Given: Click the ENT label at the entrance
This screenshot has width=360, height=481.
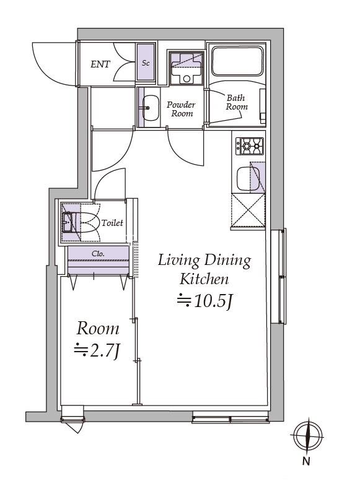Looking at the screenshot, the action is [x=100, y=64].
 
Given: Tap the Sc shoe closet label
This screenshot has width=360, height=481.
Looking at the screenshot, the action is [x=146, y=63].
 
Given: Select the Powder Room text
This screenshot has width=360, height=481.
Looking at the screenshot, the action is [x=182, y=109].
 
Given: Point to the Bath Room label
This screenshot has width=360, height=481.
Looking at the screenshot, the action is [x=237, y=102].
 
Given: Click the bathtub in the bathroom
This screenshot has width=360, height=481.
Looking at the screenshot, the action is [x=237, y=61].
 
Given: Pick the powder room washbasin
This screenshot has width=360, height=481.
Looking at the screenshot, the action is [x=151, y=108].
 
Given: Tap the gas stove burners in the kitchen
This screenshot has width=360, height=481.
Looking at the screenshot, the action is [x=250, y=146].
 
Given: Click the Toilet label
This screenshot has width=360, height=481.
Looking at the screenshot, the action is [x=112, y=223].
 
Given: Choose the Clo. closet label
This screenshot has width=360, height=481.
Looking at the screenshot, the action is [x=99, y=254].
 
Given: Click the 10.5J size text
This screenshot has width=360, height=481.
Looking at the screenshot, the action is [x=205, y=301].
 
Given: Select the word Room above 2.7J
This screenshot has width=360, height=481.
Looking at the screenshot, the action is [x=98, y=329].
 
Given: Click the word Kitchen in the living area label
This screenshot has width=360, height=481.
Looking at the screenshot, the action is [x=204, y=279].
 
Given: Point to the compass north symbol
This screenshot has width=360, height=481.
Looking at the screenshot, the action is [x=307, y=436].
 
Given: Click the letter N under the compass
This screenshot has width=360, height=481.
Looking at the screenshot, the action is [x=306, y=461].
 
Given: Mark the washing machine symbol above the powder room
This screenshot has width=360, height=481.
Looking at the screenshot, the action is [x=187, y=69].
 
